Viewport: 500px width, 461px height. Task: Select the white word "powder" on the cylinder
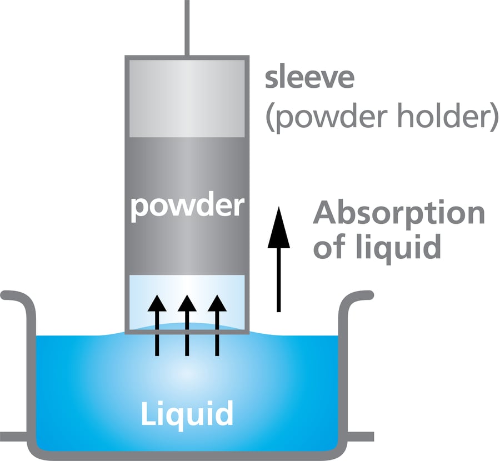[187, 207]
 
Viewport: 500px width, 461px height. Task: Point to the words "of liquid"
[377, 246]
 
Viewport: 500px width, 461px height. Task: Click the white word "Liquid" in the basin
[187, 414]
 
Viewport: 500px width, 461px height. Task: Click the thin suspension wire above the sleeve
[187, 28]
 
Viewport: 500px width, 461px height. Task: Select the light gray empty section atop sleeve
[187, 97]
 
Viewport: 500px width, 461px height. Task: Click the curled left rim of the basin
[17, 297]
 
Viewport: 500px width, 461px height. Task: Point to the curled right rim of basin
[358, 297]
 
